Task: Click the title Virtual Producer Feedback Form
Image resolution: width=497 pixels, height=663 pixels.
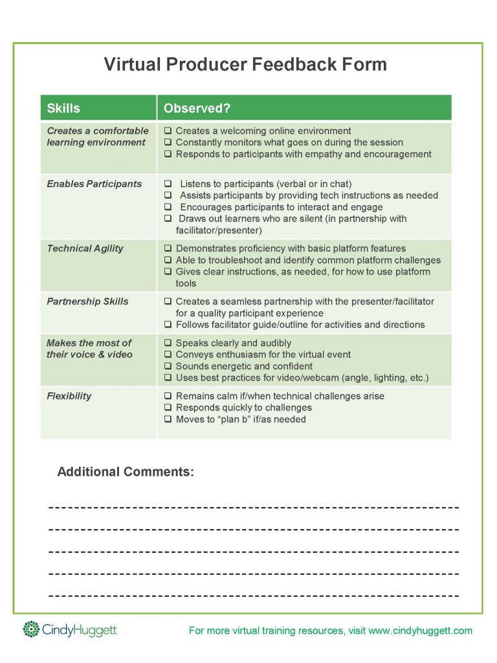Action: click(245, 65)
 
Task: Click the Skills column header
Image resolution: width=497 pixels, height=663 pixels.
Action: click(63, 108)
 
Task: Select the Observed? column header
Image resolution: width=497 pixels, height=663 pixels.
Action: click(197, 108)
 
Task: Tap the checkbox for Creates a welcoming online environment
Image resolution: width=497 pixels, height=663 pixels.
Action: click(168, 131)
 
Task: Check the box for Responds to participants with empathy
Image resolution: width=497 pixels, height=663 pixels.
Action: click(168, 154)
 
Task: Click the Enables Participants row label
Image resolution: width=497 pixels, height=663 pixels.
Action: click(94, 184)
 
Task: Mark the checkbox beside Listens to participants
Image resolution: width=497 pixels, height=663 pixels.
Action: click(168, 184)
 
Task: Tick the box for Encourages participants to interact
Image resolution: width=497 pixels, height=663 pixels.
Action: click(168, 207)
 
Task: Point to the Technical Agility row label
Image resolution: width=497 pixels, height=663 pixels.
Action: click(85, 249)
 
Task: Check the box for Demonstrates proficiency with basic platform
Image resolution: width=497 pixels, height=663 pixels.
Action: click(168, 249)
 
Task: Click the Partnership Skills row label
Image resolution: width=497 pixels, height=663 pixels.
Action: click(87, 302)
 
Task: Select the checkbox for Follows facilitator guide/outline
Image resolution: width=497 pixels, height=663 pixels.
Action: click(168, 325)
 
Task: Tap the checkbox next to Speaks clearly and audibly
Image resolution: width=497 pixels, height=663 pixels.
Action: click(168, 343)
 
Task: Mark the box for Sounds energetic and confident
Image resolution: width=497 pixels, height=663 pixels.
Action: click(168, 366)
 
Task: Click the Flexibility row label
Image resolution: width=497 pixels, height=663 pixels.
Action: click(69, 396)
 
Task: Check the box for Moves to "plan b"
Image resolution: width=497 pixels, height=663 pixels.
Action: click(168, 420)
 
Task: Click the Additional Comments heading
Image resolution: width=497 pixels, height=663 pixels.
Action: click(126, 472)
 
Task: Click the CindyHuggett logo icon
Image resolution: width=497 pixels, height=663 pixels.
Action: click(31, 629)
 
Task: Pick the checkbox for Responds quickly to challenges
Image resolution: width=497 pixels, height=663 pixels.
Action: click(168, 408)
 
